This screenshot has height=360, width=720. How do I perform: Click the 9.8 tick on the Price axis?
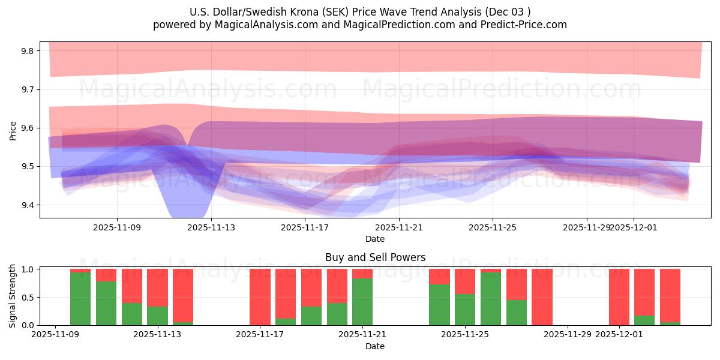pyautogui.click(x=28, y=51)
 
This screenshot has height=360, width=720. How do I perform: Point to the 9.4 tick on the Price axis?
pyautogui.click(x=28, y=205)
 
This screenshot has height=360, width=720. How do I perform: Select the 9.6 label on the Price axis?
pyautogui.click(x=28, y=128)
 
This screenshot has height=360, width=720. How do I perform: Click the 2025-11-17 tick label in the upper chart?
pyautogui.click(x=305, y=227)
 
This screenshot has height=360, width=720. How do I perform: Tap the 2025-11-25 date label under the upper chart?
pyautogui.click(x=493, y=227)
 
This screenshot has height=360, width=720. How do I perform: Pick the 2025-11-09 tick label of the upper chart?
pyautogui.click(x=117, y=227)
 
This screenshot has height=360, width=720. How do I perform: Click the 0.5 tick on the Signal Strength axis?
pyautogui.click(x=28, y=298)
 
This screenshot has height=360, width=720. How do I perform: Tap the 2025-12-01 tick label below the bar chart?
pyautogui.click(x=619, y=335)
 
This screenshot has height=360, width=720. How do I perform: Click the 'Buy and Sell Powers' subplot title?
pyautogui.click(x=375, y=257)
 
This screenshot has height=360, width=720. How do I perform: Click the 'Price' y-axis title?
pyautogui.click(x=13, y=130)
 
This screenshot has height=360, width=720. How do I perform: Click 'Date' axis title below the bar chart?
pyautogui.click(x=375, y=346)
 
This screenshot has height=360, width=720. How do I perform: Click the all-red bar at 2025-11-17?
pyautogui.click(x=260, y=297)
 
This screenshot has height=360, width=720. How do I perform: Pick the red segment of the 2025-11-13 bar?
pyautogui.click(x=157, y=287)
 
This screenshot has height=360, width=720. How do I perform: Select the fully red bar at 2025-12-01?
pyautogui.click(x=619, y=297)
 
